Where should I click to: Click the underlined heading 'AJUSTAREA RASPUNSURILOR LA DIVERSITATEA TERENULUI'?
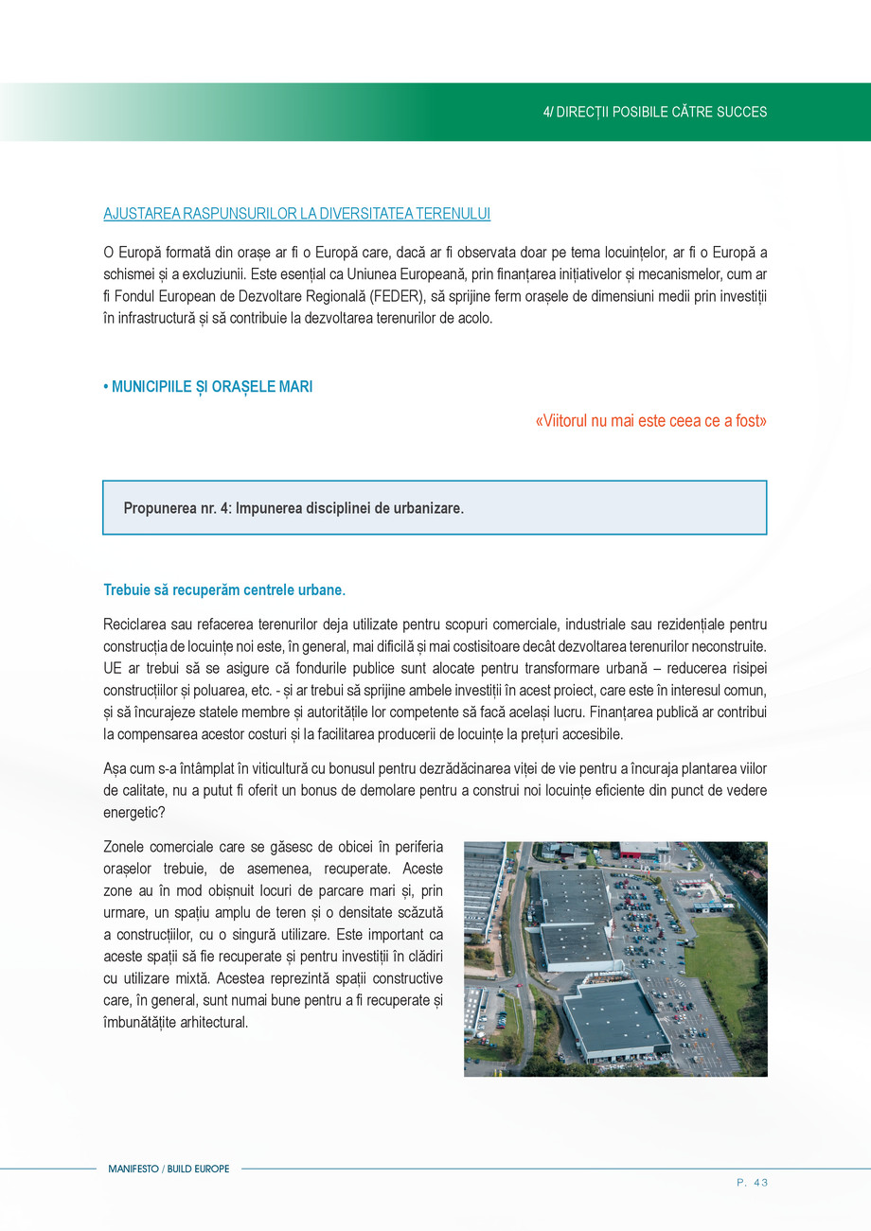coord(296,214)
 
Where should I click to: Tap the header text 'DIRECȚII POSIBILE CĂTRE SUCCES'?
coord(662,112)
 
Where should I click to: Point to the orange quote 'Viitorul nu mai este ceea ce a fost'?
coord(651,421)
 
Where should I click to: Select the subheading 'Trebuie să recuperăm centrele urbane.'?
coord(224,590)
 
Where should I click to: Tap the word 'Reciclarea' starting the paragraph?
coord(134,624)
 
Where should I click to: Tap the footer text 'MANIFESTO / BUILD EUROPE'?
coord(169,1169)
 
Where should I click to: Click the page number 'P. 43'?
coord(752,1182)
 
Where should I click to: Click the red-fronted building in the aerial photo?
coord(644,850)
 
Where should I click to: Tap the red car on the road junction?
coord(519,984)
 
